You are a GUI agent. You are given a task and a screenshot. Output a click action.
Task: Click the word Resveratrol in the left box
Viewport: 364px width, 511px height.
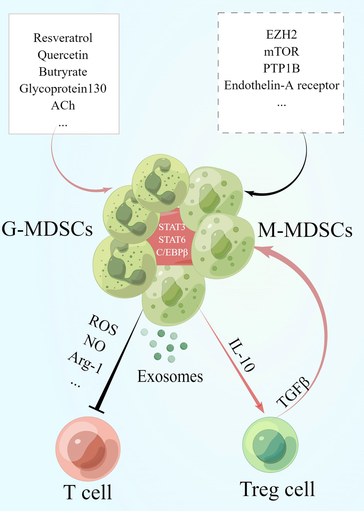(x=63, y=38)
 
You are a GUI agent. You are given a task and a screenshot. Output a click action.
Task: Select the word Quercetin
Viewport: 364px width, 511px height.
(x=63, y=55)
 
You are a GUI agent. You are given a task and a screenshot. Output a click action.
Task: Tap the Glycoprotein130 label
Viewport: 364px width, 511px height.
(x=63, y=89)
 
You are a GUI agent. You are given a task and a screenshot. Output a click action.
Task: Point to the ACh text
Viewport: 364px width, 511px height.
(x=63, y=105)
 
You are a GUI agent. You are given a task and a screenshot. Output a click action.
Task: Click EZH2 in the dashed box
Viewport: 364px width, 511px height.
(x=281, y=35)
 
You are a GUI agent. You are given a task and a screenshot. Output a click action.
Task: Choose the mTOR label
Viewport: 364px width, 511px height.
(x=281, y=52)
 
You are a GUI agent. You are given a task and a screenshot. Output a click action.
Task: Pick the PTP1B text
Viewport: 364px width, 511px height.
(x=281, y=68)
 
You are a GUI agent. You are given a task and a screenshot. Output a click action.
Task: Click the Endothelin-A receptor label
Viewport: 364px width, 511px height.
(x=281, y=85)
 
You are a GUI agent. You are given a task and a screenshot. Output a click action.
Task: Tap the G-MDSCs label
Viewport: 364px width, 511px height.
(x=47, y=229)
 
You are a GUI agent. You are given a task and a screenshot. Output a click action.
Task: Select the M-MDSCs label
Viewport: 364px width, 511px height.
(x=305, y=230)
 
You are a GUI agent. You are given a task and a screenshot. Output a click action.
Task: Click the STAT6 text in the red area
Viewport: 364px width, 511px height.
(x=172, y=240)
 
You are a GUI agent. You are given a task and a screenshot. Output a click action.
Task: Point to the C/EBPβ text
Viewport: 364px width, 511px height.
(x=172, y=252)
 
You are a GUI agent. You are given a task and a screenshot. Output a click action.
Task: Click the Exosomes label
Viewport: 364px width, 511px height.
(x=170, y=376)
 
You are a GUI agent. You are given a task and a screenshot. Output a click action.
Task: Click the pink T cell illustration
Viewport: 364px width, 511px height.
(x=88, y=449)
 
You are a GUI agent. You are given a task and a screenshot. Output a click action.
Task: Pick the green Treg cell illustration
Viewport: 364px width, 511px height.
(x=270, y=444)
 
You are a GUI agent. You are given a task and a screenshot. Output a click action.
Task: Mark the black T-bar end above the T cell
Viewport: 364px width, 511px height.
(x=97, y=409)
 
